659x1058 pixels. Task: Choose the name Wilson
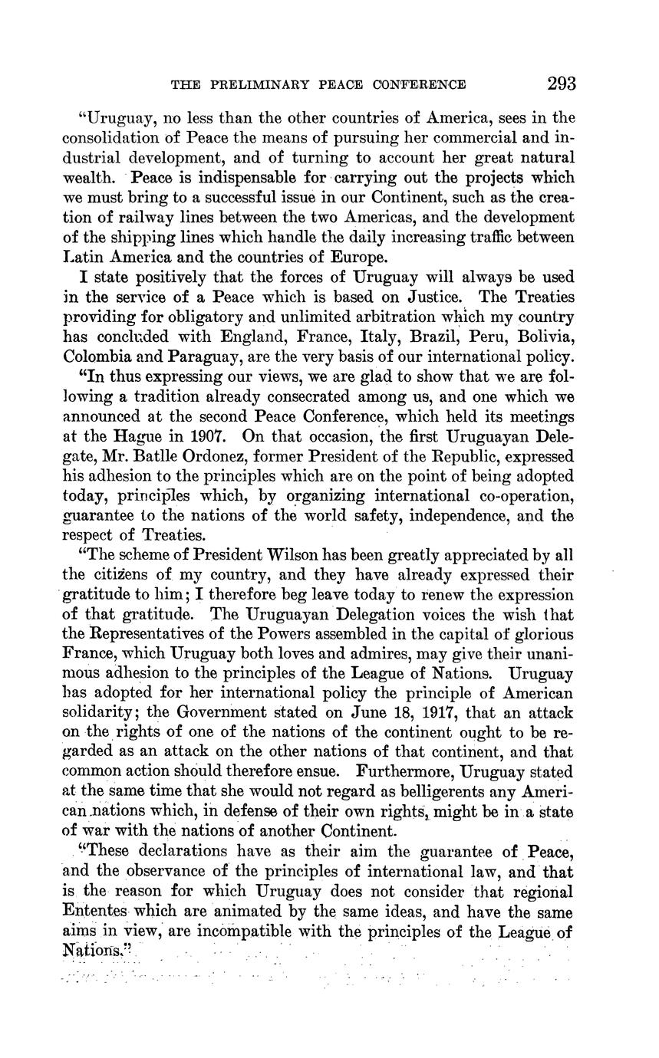(287, 555)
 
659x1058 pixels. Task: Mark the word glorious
(532, 636)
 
